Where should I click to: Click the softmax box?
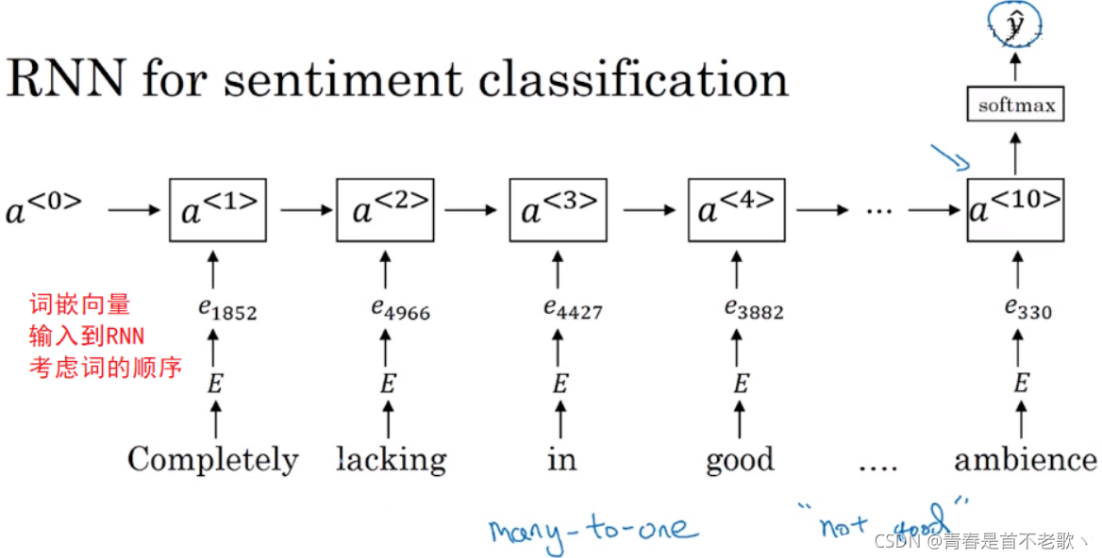pyautogui.click(x=1015, y=105)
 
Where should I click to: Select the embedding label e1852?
pyautogui.click(x=220, y=308)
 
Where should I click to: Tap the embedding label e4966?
pyautogui.click(x=400, y=308)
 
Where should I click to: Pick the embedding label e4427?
pyautogui.click(x=572, y=308)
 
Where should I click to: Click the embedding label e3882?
pyautogui.click(x=753, y=308)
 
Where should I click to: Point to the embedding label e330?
pyautogui.click(x=1027, y=308)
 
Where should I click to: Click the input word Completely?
pyautogui.click(x=212, y=460)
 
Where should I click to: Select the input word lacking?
pyautogui.click(x=391, y=460)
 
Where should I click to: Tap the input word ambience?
pyautogui.click(x=1026, y=460)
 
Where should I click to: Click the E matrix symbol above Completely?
pyautogui.click(x=216, y=385)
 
